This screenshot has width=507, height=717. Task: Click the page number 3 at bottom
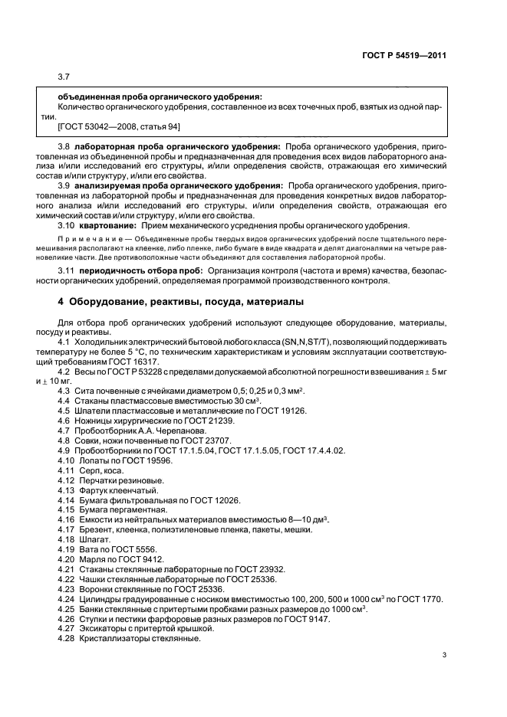pos(444,654)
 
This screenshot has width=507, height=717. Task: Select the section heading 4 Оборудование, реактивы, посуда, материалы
pos(180,301)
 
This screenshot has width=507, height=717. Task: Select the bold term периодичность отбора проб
pos(133,272)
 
